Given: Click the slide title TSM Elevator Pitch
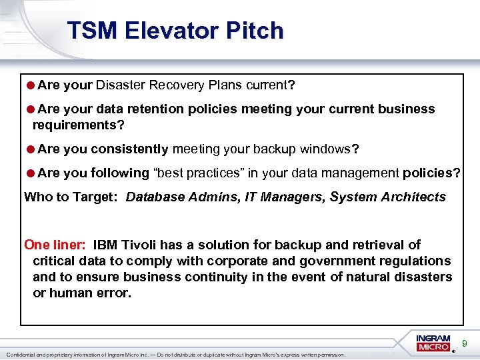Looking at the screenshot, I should (x=175, y=31).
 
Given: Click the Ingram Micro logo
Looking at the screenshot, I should (x=433, y=343).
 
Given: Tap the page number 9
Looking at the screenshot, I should (x=465, y=344).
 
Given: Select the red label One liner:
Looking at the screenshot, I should (x=55, y=245).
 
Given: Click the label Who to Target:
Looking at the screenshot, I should (x=72, y=197).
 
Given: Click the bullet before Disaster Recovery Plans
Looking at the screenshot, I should (x=31, y=85).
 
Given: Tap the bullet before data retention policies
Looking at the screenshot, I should (x=31, y=109).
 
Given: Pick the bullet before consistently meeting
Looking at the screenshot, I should (x=31, y=149).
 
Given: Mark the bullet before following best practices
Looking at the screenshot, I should (x=31, y=173).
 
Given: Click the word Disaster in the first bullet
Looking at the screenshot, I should (x=121, y=85).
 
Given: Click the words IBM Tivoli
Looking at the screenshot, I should (x=127, y=245).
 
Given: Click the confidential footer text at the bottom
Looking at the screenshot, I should (x=175, y=355).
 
